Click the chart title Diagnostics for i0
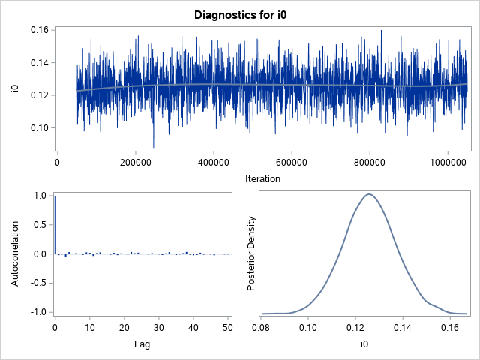(x=240, y=14)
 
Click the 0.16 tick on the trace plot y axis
(x=39, y=30)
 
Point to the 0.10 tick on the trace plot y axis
(x=39, y=128)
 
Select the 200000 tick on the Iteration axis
(x=135, y=161)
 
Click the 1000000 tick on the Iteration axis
(x=447, y=161)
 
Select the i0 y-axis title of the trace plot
(x=14, y=89)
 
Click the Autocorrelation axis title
(x=14, y=253)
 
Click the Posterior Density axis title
(x=253, y=253)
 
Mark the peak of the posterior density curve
(x=368, y=194)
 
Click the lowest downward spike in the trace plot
(x=154, y=147)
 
